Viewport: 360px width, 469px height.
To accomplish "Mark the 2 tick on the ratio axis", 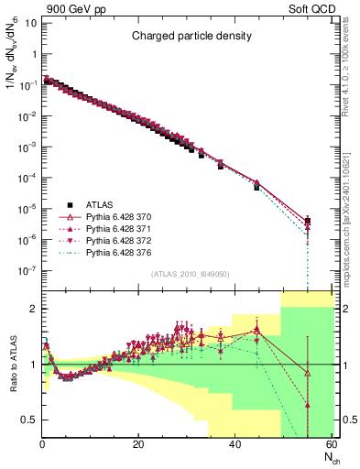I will (33, 309).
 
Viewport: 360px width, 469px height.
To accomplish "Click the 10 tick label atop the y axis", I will (29, 21).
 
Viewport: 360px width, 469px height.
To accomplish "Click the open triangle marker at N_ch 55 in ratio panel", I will (308, 373).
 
